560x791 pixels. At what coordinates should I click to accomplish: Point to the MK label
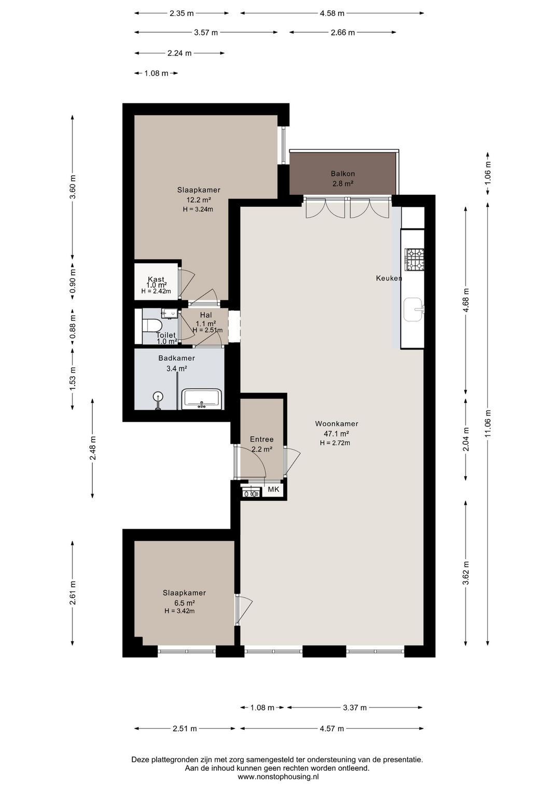point(273,489)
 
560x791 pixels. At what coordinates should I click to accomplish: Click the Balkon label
point(343,174)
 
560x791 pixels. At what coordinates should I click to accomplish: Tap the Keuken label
point(389,278)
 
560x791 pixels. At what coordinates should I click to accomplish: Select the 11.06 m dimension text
point(488,423)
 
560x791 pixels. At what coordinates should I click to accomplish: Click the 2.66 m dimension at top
point(343,33)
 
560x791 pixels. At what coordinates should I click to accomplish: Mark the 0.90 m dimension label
point(73,281)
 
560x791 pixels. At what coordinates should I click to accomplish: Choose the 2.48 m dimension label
point(93,448)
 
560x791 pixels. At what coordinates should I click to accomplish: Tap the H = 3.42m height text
point(179,611)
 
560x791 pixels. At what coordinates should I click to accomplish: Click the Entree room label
point(262,439)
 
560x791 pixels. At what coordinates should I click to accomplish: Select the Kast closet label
point(156,279)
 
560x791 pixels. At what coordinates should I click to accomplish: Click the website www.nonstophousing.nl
point(278,776)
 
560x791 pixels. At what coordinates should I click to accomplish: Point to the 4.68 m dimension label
point(466,300)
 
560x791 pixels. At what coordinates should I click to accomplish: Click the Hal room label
point(206,315)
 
